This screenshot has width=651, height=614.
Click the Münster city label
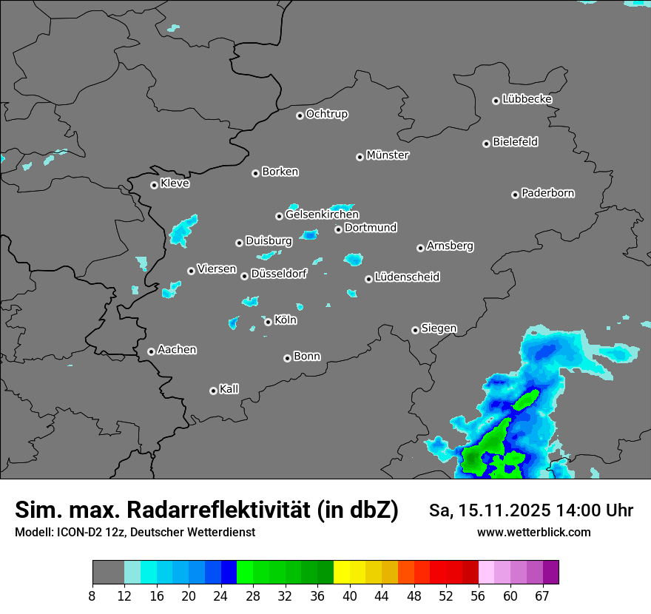point(388,155)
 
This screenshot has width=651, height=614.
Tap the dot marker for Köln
point(268,322)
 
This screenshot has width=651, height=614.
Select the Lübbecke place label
point(527,99)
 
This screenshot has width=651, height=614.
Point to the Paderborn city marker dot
point(515,195)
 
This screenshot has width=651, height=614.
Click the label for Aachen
point(177,350)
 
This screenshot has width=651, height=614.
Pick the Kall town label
point(229,389)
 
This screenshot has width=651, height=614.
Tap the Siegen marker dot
point(415,330)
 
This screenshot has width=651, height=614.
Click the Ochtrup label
point(327,114)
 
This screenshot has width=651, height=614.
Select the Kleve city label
point(175,183)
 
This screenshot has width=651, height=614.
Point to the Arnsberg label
point(450,246)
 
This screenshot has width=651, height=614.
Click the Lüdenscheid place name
point(407,277)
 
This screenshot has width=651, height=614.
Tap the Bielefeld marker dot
point(486,144)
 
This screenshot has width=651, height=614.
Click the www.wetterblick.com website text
point(533,532)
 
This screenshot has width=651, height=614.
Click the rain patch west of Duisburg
point(183,232)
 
